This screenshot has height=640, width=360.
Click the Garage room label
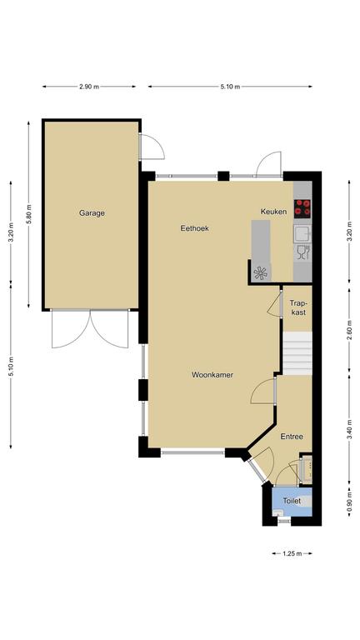tap(92, 213)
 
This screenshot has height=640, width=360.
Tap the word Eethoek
tap(195, 228)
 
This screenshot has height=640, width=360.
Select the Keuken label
tap(273, 212)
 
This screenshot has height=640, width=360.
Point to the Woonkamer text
tap(212, 375)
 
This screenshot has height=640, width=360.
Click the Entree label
tap(292, 437)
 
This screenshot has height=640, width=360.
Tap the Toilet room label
tap(292, 500)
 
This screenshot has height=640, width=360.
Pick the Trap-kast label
tap(297, 307)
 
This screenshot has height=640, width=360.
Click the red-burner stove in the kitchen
tap(302, 207)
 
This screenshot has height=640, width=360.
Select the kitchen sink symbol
tap(302, 234)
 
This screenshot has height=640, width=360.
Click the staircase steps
tap(297, 353)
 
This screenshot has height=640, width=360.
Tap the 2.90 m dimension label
tap(89, 87)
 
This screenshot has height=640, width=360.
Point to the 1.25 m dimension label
tap(292, 553)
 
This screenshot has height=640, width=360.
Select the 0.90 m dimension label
tap(349, 501)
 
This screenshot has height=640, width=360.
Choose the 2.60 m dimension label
tap(349, 331)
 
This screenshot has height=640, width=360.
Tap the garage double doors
tap(90, 329)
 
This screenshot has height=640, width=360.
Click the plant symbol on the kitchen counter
tap(260, 272)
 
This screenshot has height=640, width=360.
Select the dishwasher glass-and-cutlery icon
tap(302, 253)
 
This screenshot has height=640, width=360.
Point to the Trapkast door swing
tap(274, 303)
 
